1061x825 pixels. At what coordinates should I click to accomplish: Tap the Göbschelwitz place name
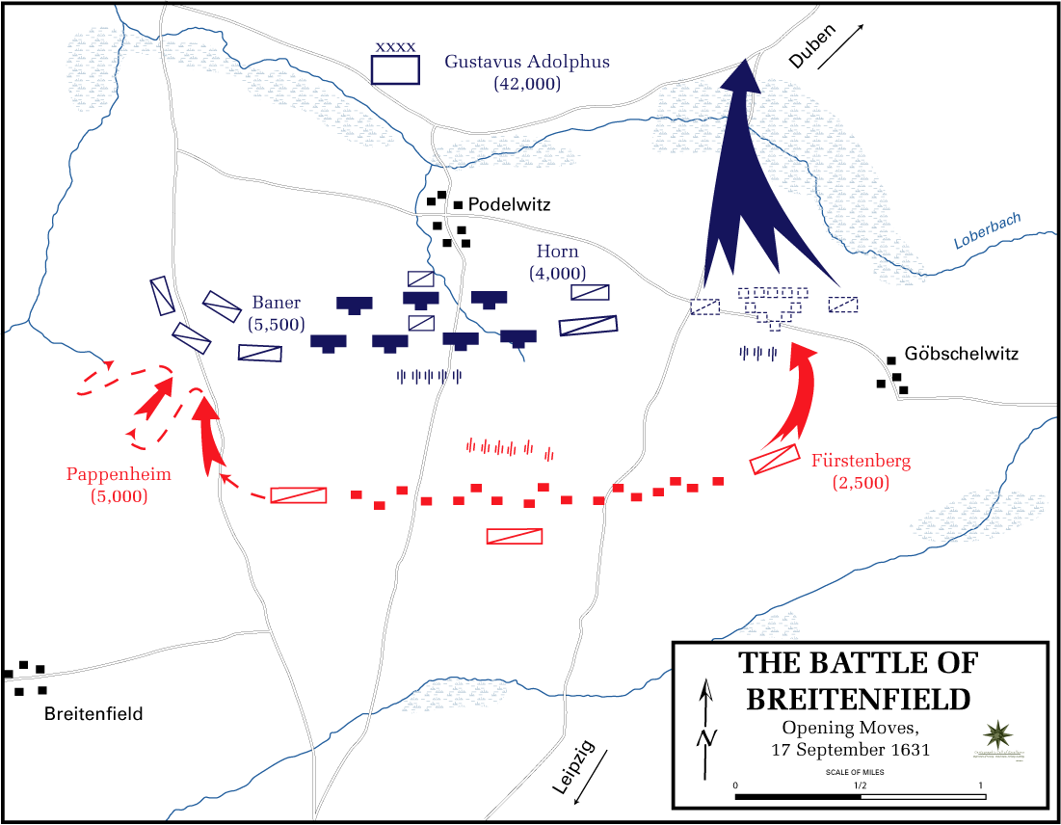962,355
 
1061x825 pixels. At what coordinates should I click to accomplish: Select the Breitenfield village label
93,714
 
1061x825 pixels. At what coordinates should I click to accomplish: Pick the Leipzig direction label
574,767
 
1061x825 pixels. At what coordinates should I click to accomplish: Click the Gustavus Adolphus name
527,62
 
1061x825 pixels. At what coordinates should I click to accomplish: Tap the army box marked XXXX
396,69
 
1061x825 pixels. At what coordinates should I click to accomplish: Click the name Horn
557,252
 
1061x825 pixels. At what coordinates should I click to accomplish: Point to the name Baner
277,302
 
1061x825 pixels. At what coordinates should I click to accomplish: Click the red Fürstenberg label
861,461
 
